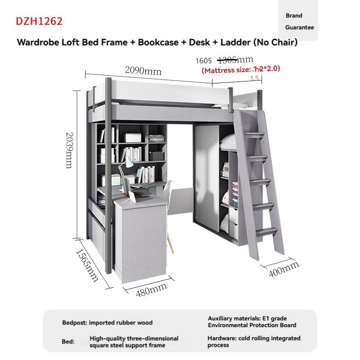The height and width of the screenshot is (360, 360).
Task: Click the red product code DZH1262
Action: point(39,21)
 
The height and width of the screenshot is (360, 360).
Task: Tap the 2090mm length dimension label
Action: point(143,71)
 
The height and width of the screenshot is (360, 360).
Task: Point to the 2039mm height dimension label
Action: point(69,150)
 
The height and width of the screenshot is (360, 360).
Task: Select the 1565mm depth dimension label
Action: point(87,265)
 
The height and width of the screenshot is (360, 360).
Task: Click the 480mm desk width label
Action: point(151,290)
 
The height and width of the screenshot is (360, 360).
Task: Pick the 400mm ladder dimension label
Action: point(284,269)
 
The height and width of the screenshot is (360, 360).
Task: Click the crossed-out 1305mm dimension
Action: point(235,60)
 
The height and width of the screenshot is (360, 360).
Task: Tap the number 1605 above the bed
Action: point(203,61)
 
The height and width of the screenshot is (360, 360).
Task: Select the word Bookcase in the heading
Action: point(158,42)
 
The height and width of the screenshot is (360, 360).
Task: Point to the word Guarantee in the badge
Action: point(299,27)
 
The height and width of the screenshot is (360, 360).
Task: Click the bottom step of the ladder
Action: point(265,231)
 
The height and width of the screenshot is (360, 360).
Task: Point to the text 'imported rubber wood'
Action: point(121,323)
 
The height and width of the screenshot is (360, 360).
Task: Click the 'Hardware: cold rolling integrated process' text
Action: point(254,342)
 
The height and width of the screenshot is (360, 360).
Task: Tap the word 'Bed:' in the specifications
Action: point(68,342)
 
